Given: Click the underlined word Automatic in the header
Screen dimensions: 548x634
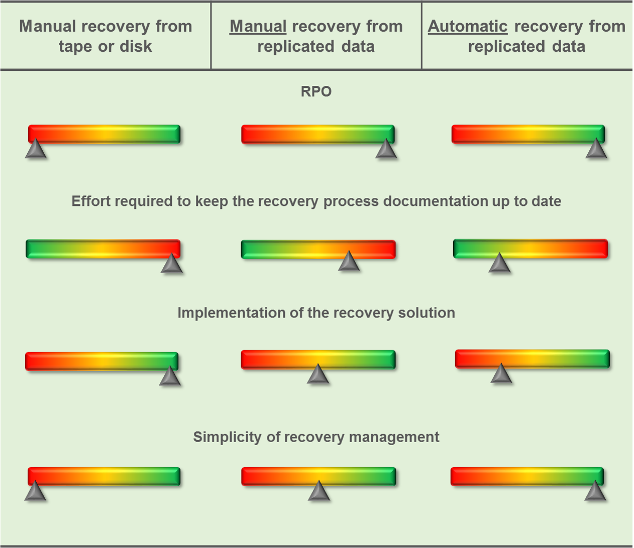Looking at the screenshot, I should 467,26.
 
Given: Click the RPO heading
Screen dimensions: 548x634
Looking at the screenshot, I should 316,91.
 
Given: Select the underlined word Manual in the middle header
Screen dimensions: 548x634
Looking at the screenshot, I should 258,26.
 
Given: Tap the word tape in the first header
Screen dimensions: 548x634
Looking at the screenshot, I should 76,46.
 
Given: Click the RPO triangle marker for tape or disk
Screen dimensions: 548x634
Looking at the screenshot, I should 36,150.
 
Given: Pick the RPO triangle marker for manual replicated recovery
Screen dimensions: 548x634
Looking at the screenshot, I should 386,150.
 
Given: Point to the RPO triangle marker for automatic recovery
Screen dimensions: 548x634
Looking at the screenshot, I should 596,150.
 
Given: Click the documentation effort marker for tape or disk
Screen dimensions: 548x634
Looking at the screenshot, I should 172,264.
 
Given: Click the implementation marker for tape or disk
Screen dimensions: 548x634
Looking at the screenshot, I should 170,377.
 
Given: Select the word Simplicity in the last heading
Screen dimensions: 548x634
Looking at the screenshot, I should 227,437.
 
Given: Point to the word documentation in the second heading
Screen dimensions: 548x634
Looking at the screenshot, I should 435,201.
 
